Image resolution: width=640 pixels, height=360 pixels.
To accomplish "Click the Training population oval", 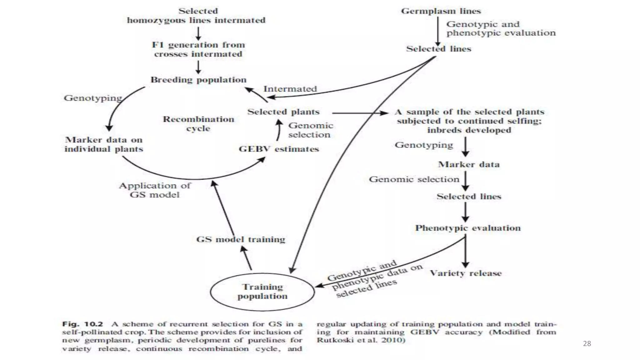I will (262, 292).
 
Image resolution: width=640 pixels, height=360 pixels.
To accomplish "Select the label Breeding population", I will (198, 80).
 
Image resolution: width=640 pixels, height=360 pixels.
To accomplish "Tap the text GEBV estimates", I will (279, 149).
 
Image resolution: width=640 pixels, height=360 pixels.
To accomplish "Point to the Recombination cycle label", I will (198, 124).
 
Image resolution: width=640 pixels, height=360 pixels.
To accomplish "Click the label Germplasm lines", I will (441, 11).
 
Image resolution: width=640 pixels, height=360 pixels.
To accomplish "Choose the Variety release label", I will (466, 273).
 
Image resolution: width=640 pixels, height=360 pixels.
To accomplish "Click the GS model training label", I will (241, 239).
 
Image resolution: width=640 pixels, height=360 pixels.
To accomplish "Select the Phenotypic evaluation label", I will (468, 228).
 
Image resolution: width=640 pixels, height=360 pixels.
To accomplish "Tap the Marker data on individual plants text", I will (104, 144).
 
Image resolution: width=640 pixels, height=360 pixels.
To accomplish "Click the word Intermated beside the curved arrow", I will (290, 89).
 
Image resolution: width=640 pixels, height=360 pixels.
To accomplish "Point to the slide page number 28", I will (587, 344).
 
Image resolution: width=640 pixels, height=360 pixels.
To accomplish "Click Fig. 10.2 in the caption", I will (82, 324).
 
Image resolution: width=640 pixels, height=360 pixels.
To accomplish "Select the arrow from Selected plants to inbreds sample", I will (359, 113).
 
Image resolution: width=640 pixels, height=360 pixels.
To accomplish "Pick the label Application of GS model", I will (155, 190).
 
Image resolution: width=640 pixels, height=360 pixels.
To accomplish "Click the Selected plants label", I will (283, 112).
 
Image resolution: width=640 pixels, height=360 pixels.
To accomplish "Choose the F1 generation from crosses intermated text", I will (198, 49).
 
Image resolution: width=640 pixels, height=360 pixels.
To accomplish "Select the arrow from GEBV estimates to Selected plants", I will (278, 131).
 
